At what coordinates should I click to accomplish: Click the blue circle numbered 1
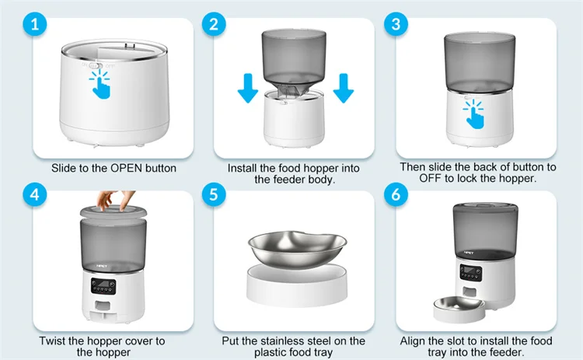pyautogui.click(x=34, y=25)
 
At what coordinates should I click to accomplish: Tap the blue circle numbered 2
pyautogui.click(x=214, y=25)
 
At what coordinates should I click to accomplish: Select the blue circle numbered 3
pyautogui.click(x=396, y=25)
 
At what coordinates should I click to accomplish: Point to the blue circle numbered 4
pyautogui.click(x=34, y=194)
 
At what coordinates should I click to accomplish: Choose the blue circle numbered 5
pyautogui.click(x=214, y=194)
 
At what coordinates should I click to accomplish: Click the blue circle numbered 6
pyautogui.click(x=396, y=194)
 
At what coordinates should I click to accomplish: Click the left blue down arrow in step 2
pyautogui.click(x=248, y=88)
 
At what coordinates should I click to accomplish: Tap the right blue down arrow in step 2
pyautogui.click(x=343, y=88)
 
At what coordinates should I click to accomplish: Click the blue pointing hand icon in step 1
pyautogui.click(x=100, y=84)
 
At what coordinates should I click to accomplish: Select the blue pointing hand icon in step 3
pyautogui.click(x=473, y=114)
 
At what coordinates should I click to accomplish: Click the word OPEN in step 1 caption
pyautogui.click(x=127, y=168)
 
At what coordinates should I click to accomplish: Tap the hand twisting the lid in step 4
pyautogui.click(x=115, y=200)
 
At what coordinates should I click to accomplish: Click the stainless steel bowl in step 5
pyautogui.click(x=297, y=249)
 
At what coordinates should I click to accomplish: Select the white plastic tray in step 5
pyautogui.click(x=297, y=285)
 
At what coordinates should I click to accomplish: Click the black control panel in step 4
pyautogui.click(x=103, y=286)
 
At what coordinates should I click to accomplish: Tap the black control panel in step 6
pyautogui.click(x=471, y=273)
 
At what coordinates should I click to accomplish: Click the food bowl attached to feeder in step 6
pyautogui.click(x=459, y=309)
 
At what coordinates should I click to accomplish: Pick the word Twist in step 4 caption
pyautogui.click(x=52, y=341)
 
